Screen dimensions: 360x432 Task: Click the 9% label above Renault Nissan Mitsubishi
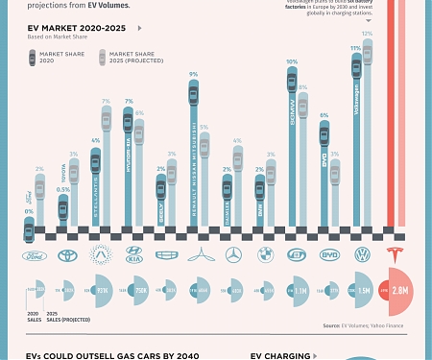(x=193, y=74)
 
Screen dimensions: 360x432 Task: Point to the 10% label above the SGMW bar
(x=292, y=62)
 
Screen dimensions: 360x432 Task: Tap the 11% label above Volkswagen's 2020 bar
(x=356, y=47)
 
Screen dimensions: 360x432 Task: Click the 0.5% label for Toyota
(x=62, y=189)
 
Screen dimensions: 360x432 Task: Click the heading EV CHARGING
(x=280, y=354)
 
